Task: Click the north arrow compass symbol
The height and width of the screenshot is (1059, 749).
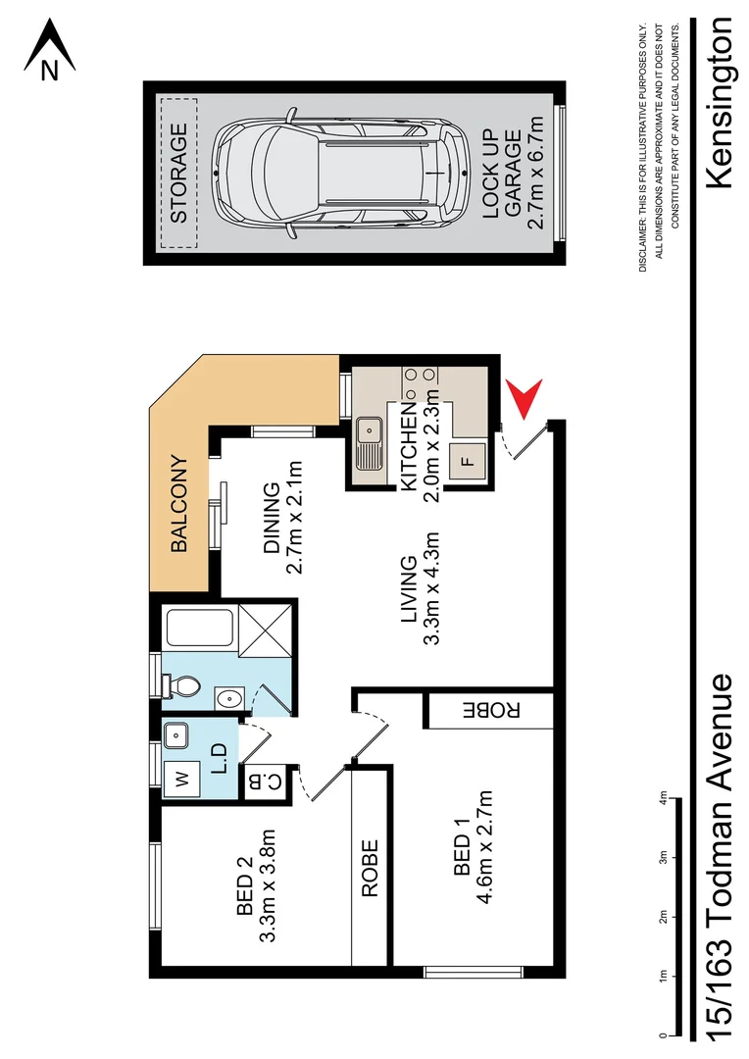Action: coord(50,49)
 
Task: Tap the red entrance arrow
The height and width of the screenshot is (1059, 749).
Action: coord(526,401)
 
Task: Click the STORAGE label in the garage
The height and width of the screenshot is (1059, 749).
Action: coord(178,174)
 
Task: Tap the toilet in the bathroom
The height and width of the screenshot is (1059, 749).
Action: coord(180,683)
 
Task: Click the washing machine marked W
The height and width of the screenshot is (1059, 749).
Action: coord(181,780)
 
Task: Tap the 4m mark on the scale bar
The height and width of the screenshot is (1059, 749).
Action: coord(663,801)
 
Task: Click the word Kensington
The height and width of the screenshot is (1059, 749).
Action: coord(720,103)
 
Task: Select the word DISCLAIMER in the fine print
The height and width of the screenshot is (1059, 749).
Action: coord(642,245)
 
